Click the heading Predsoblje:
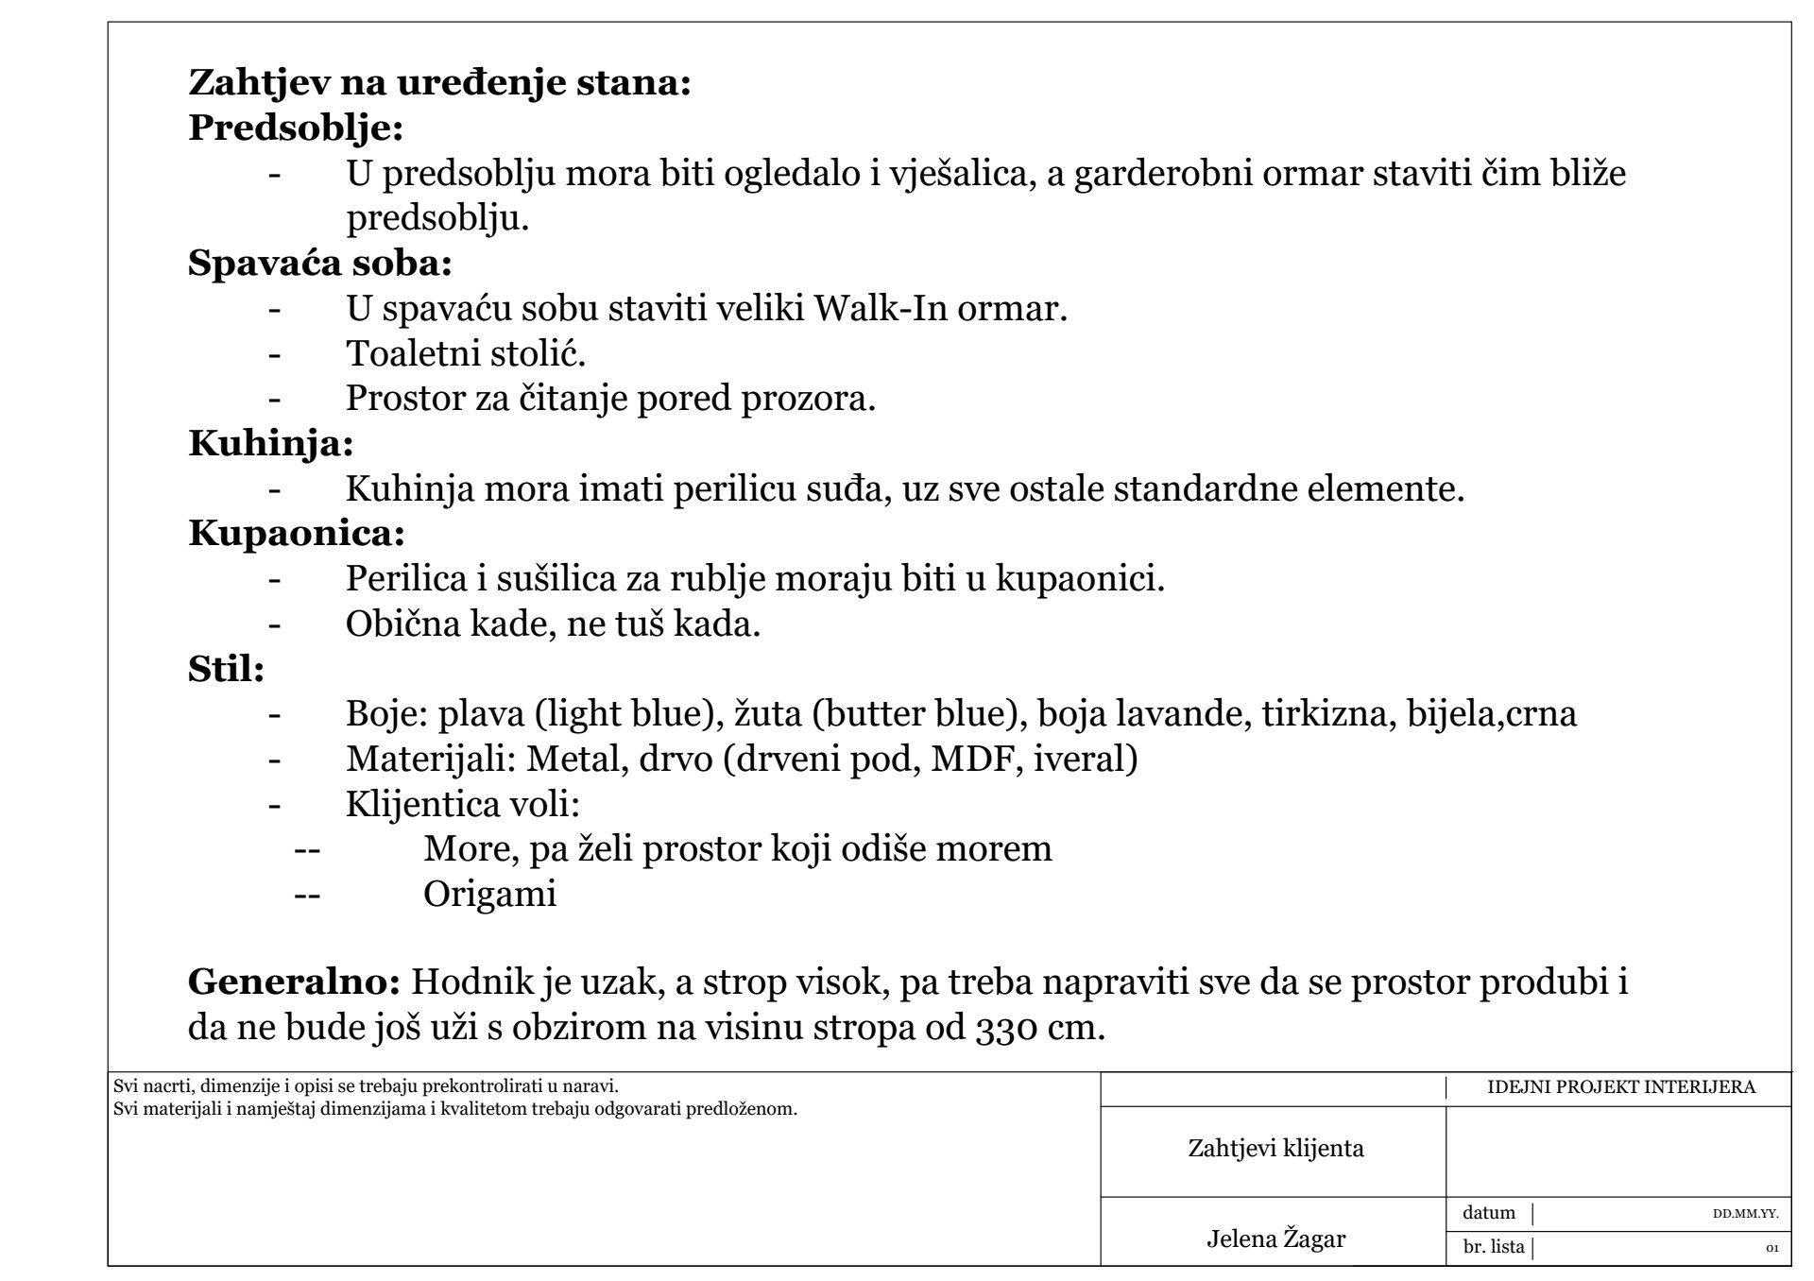click(296, 128)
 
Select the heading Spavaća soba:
click(320, 263)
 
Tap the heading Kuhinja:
click(271, 442)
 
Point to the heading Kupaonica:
click(297, 533)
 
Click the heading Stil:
click(226, 669)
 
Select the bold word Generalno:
click(295, 982)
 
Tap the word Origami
click(489, 894)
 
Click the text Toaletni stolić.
click(466, 353)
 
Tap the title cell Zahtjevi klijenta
click(1275, 1149)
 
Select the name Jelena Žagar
click(1275, 1238)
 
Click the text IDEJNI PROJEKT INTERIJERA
click(1620, 1087)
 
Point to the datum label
click(1488, 1213)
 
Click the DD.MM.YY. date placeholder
click(1745, 1215)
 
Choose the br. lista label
click(1493, 1247)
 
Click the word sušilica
click(545, 578)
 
